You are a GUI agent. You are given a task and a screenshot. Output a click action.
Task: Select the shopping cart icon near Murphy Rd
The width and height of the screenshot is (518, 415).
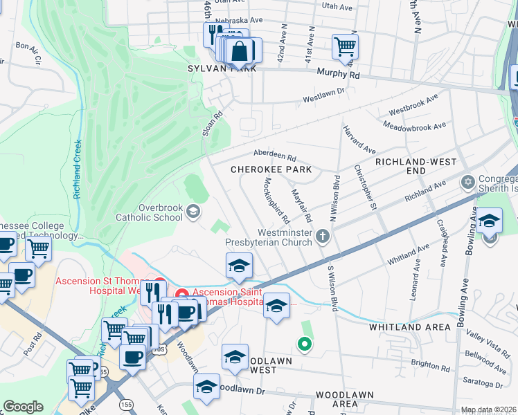click(x=344, y=47)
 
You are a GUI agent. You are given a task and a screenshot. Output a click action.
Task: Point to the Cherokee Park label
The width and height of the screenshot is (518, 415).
click(x=271, y=169)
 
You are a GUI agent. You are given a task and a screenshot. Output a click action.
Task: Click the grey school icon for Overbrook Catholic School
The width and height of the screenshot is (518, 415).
click(x=195, y=211)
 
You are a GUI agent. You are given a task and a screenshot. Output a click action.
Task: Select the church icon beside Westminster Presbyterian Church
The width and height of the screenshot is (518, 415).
click(x=322, y=237)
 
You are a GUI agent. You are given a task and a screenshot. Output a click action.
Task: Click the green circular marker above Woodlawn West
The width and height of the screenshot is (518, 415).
click(x=303, y=342)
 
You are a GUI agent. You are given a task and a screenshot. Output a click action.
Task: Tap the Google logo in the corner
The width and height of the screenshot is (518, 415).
click(x=23, y=407)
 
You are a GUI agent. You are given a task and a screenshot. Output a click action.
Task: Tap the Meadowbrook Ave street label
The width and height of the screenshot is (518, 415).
click(x=417, y=127)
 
